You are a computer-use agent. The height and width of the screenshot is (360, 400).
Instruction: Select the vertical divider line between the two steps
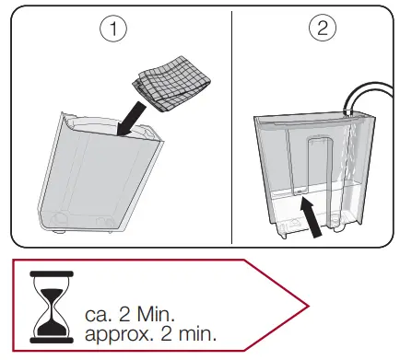pyautogui.click(x=230, y=129)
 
